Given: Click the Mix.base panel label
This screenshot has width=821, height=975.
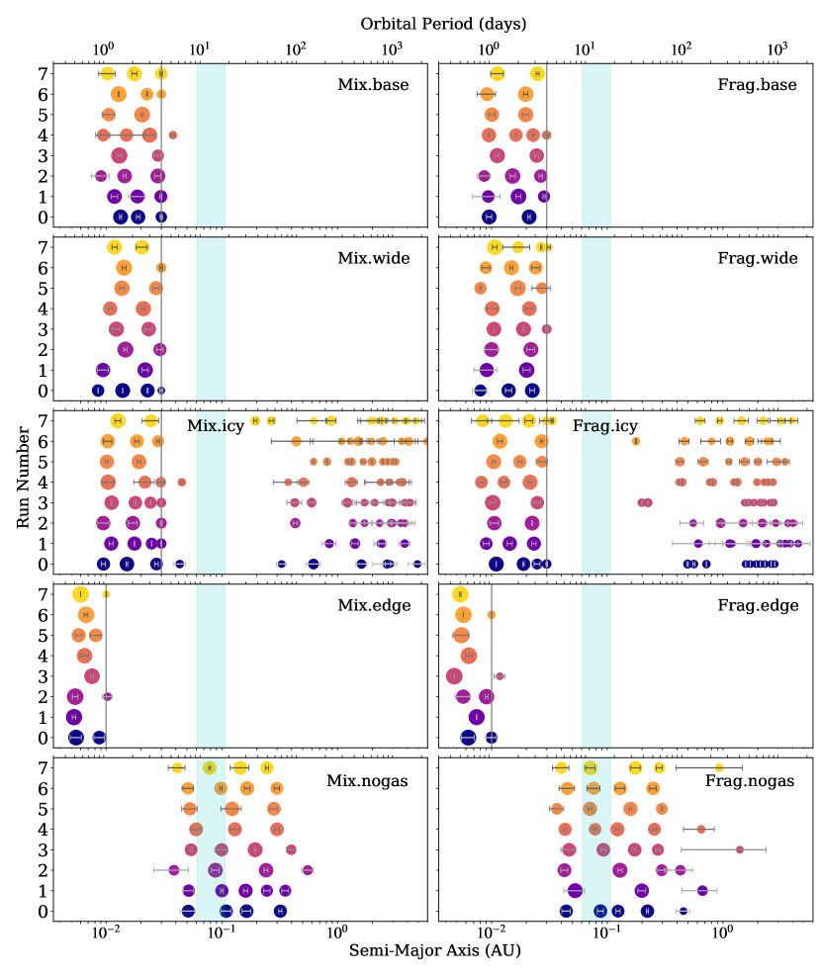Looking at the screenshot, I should click(x=373, y=84).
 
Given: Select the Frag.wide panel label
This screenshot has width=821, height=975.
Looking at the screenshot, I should click(x=757, y=258).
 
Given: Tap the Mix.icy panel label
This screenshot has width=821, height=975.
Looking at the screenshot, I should click(x=223, y=425).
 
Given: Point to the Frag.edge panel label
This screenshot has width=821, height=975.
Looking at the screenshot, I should click(x=757, y=606).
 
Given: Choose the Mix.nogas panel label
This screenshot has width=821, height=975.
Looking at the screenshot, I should click(x=367, y=780).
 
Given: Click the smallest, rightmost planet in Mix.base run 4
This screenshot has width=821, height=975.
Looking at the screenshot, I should click(x=172, y=134).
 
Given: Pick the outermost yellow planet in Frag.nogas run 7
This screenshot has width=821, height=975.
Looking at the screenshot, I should click(x=719, y=767).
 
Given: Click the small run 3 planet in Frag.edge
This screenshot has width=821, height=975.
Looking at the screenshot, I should click(x=500, y=676).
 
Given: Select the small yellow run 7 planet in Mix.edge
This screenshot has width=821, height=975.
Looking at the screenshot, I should click(x=106, y=594).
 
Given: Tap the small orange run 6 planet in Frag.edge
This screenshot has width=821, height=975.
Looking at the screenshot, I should click(x=492, y=615).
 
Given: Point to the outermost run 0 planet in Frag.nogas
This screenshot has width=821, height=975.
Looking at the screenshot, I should click(x=683, y=911).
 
